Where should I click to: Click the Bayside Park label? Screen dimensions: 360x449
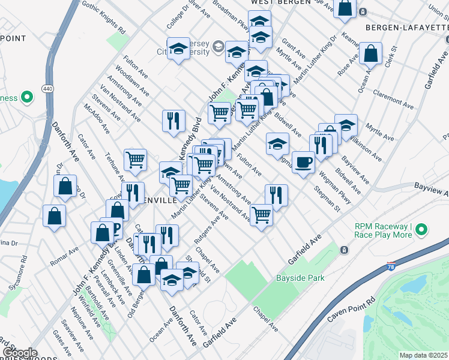coord(300,278)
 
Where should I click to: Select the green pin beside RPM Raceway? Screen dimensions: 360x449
coord(421,229)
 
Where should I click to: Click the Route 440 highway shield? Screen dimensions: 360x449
coord(47,89)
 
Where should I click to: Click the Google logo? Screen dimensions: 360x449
coord(19,353)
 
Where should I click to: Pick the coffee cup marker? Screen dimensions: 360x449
coord(304,162)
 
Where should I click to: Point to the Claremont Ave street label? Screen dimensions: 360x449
coord(393,99)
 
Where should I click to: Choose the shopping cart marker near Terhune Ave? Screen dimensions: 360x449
coord(136,160)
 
